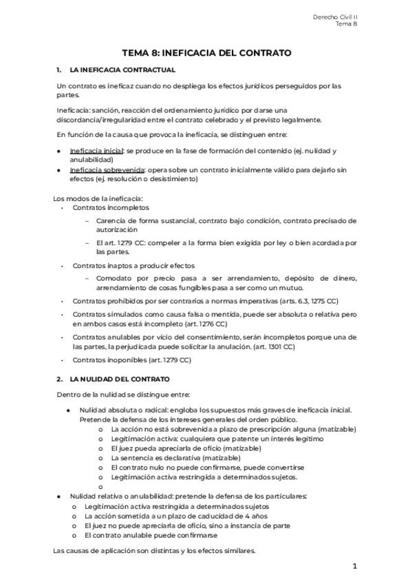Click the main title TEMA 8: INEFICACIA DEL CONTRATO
click(206, 52)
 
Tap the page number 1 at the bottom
click(355, 566)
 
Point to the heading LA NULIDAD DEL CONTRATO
click(120, 379)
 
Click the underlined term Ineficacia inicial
click(96, 150)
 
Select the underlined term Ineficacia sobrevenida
click(107, 169)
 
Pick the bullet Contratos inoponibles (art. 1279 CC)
click(131, 359)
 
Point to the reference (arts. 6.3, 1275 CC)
click(299, 301)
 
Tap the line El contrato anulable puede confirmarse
click(151, 535)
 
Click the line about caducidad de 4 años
click(176, 516)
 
